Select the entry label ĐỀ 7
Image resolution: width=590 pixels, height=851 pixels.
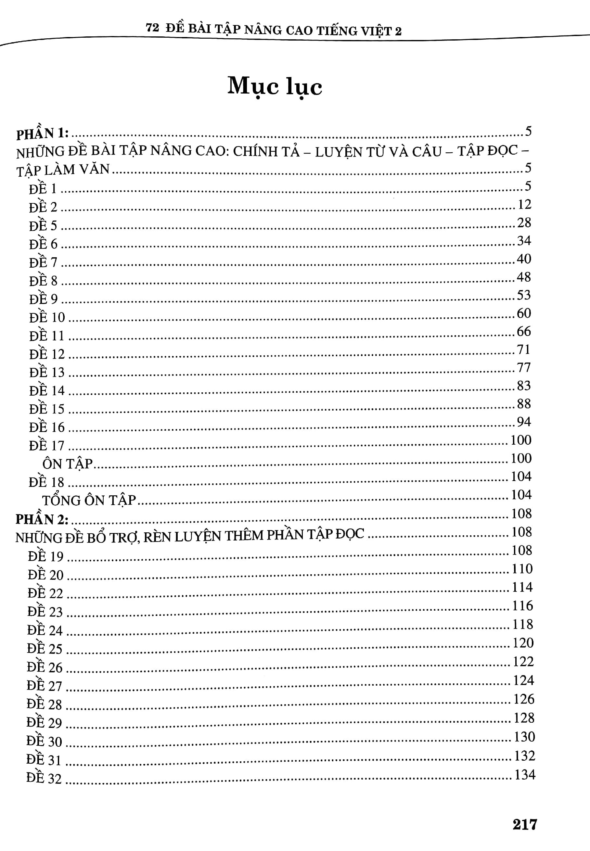(x=43, y=262)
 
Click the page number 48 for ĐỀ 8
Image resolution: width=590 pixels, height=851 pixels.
(x=523, y=277)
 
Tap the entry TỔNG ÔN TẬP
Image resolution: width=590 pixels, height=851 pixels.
(x=89, y=500)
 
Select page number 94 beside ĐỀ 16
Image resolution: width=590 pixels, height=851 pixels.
(x=524, y=422)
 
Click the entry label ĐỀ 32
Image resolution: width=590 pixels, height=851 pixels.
(x=44, y=778)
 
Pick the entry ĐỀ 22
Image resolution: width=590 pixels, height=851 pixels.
(x=45, y=593)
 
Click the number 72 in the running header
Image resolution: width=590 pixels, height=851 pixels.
(x=152, y=28)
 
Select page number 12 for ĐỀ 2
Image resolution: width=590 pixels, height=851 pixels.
(x=524, y=204)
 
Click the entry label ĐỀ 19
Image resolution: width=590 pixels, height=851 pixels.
(x=45, y=556)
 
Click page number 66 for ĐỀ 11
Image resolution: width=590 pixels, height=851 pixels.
(x=523, y=331)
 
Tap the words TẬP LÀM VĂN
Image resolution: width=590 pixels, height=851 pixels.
(x=63, y=170)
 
